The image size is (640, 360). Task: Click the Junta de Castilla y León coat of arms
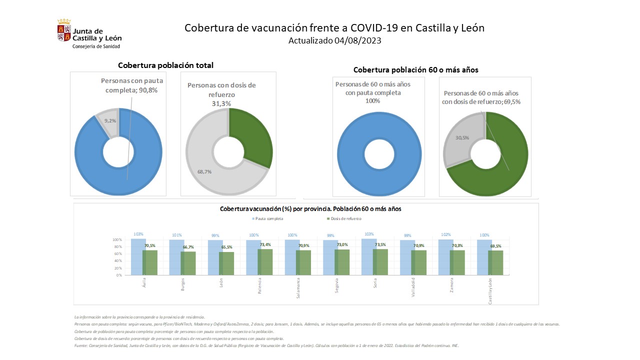tap(64, 31)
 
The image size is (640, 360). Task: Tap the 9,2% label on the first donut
tap(109, 120)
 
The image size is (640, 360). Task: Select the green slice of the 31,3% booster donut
tap(254, 135)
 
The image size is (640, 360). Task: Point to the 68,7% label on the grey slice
tap(205, 171)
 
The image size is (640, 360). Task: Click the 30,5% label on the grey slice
tap(462, 137)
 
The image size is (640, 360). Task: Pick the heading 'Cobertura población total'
tap(165, 65)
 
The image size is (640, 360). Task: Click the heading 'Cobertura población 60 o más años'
tap(415, 70)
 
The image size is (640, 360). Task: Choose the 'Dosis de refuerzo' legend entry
tap(345, 218)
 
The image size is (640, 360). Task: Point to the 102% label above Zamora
tap(446, 234)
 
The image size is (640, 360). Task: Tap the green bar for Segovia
tap(342, 262)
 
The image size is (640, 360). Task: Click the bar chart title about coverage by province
tap(310, 208)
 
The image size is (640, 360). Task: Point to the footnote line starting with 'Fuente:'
tap(266, 345)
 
